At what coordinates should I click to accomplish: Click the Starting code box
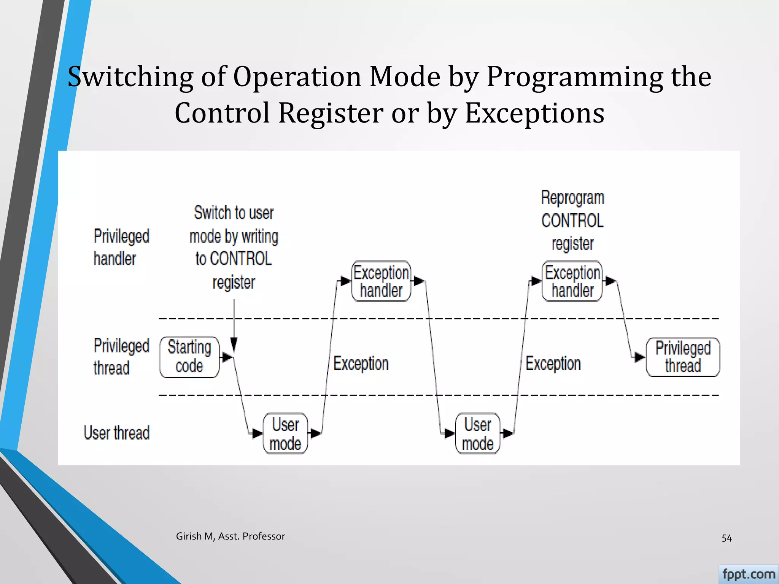tap(189, 357)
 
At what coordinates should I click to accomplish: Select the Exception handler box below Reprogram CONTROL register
tap(572, 281)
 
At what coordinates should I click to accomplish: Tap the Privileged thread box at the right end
tap(683, 357)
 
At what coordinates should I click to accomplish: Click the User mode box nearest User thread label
tap(285, 433)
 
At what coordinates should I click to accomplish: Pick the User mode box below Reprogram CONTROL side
tap(477, 433)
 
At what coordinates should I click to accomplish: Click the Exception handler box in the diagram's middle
tap(381, 281)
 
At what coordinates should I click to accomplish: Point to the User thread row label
tap(116, 433)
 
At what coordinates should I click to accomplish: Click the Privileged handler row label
tap(121, 247)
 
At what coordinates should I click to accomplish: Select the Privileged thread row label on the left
tap(121, 357)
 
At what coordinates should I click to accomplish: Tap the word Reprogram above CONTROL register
tap(572, 198)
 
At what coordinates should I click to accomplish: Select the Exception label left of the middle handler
tap(361, 363)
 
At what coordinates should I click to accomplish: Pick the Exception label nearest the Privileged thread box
tap(553, 363)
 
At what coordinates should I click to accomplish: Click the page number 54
tap(727, 538)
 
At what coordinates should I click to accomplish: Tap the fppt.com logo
tap(748, 574)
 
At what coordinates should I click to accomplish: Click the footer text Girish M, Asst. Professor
tap(230, 536)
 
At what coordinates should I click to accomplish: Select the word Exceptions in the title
tap(534, 113)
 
